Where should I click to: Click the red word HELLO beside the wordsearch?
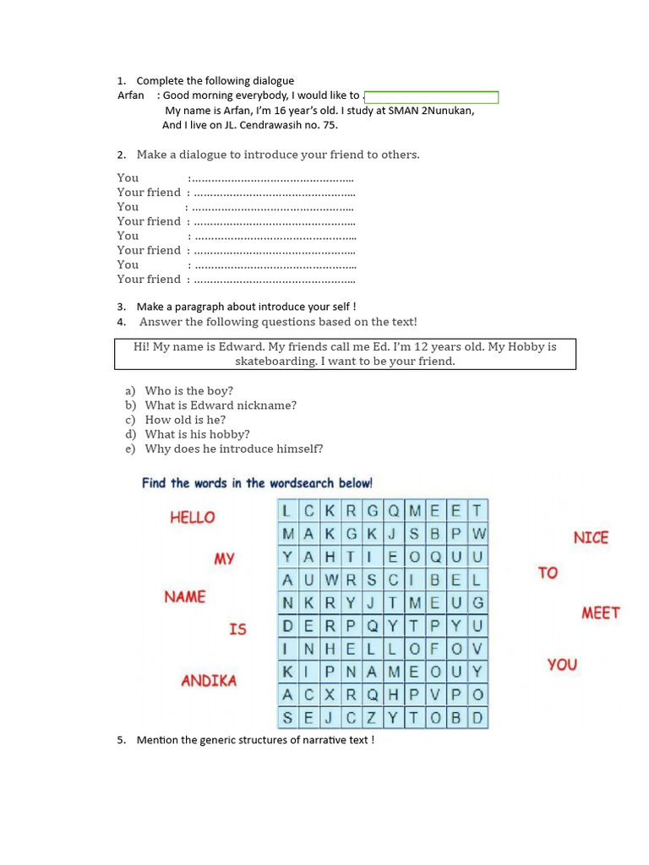193,518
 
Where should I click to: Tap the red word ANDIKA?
209,680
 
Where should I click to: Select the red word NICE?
591,537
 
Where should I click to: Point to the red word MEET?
600,613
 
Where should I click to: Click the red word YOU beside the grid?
562,665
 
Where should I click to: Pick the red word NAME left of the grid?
185,597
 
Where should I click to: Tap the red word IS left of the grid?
237,629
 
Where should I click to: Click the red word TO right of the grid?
548,573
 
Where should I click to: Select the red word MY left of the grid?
224,558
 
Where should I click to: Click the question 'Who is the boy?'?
188,391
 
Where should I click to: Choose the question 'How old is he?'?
185,420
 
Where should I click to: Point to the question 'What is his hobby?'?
197,434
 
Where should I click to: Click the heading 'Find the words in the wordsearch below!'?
257,483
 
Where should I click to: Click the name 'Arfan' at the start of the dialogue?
131,95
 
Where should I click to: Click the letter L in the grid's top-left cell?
287,510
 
